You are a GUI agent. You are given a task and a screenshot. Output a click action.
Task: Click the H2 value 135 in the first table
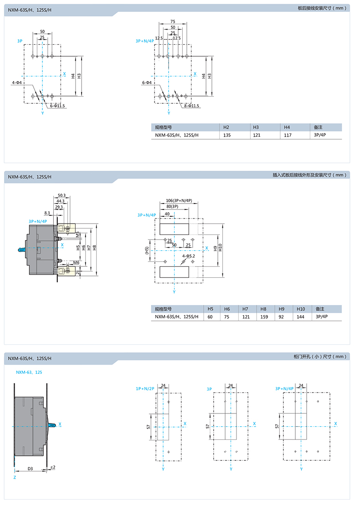(227, 135)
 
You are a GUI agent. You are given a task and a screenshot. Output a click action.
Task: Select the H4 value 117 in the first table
(288, 135)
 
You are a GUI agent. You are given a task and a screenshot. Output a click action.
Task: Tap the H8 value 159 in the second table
(264, 317)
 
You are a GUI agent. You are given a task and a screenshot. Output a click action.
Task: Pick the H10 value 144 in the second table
(300, 317)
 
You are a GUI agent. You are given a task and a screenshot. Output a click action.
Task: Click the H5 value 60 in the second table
(210, 317)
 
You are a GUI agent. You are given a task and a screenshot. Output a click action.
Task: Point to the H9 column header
(282, 309)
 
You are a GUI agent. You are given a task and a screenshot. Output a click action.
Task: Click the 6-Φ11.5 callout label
(57, 106)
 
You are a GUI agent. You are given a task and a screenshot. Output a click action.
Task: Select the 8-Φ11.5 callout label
(191, 106)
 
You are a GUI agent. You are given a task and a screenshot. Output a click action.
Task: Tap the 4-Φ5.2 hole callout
(189, 256)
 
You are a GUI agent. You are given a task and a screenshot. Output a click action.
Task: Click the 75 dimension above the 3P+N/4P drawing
(173, 21)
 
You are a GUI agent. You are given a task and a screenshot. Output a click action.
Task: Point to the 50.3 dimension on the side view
(62, 195)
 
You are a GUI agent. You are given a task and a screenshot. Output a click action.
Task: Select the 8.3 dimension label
(47, 213)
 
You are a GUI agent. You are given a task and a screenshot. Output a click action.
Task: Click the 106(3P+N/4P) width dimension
(179, 201)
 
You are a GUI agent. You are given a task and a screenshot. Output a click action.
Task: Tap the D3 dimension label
(30, 469)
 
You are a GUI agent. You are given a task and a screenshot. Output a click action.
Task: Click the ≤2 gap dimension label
(53, 467)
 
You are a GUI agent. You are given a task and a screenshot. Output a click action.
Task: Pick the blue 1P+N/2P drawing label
(145, 389)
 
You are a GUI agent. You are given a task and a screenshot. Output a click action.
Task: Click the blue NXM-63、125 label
(29, 372)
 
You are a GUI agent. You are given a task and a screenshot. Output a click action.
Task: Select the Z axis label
(15, 477)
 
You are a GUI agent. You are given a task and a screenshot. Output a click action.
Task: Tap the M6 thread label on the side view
(76, 263)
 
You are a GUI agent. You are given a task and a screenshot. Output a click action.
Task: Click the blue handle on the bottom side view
(52, 425)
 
